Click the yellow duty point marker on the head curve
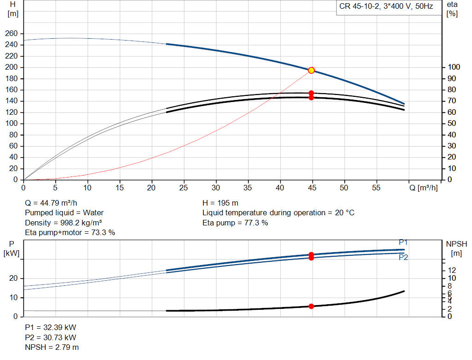[x=311, y=71]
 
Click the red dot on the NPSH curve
[x=311, y=306]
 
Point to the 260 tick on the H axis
[x=11, y=33]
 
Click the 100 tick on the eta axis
[x=454, y=67]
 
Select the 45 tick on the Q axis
[x=312, y=188]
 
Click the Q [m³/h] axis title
[x=423, y=188]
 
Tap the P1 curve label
[x=403, y=242]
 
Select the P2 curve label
[x=403, y=257]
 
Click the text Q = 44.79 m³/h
[x=51, y=203]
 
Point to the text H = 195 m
[x=220, y=203]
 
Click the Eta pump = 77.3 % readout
[x=235, y=223]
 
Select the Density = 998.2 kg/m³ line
[x=63, y=223]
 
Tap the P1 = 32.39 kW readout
[x=51, y=327]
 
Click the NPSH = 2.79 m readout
[x=52, y=348]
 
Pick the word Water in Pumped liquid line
[x=93, y=213]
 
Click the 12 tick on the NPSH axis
[x=452, y=270]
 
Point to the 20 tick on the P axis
[x=13, y=278]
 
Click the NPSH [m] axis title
[x=456, y=248]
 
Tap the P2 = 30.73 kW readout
[x=51, y=338]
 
